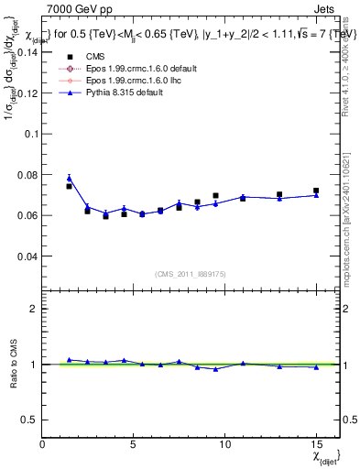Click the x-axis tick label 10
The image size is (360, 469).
coord(224,444)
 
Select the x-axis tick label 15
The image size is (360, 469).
coord(316,444)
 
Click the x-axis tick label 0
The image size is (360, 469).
coord(42,444)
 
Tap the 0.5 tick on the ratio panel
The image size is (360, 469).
coord(29,420)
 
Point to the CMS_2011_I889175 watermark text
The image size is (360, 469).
coord(191,274)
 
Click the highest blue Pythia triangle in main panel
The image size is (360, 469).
coord(70,178)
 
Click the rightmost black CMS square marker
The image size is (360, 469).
coord(316,191)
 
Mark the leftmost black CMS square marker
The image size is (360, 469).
coord(70,186)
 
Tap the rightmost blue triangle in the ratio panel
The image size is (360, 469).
coord(316,367)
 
